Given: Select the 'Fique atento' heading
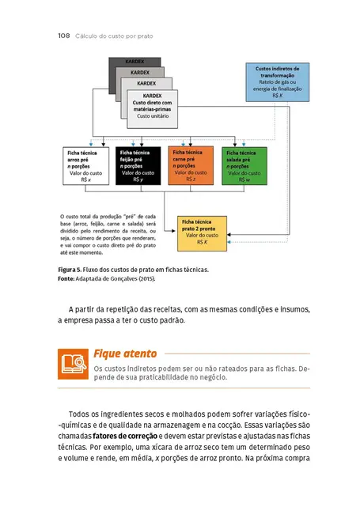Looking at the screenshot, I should [125, 353].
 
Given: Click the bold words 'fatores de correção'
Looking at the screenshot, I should [125, 436].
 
